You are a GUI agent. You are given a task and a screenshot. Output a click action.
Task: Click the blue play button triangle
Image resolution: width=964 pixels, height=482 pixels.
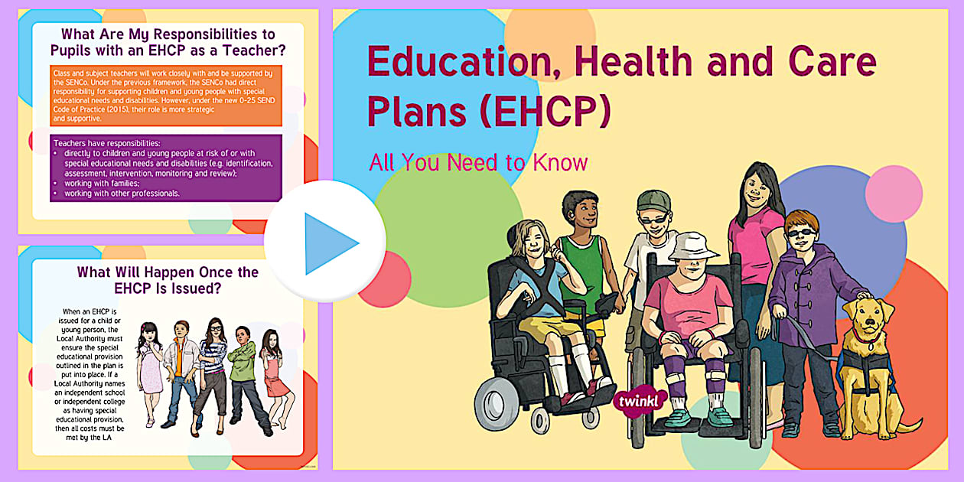[x=329, y=243]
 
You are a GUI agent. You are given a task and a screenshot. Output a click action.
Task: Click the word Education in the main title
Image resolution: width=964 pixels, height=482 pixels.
[x=460, y=62]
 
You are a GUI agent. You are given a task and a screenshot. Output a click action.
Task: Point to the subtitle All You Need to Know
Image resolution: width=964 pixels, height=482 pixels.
[x=478, y=162]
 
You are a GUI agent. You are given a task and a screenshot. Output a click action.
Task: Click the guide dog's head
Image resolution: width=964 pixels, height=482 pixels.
[x=869, y=314]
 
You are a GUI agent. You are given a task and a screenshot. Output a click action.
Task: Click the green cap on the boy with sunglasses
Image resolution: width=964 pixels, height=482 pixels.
[x=654, y=204]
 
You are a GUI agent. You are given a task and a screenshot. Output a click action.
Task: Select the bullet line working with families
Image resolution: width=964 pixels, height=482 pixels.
[x=96, y=184]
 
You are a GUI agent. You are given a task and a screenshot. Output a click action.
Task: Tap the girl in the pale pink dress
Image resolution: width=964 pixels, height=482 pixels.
[x=150, y=367]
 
